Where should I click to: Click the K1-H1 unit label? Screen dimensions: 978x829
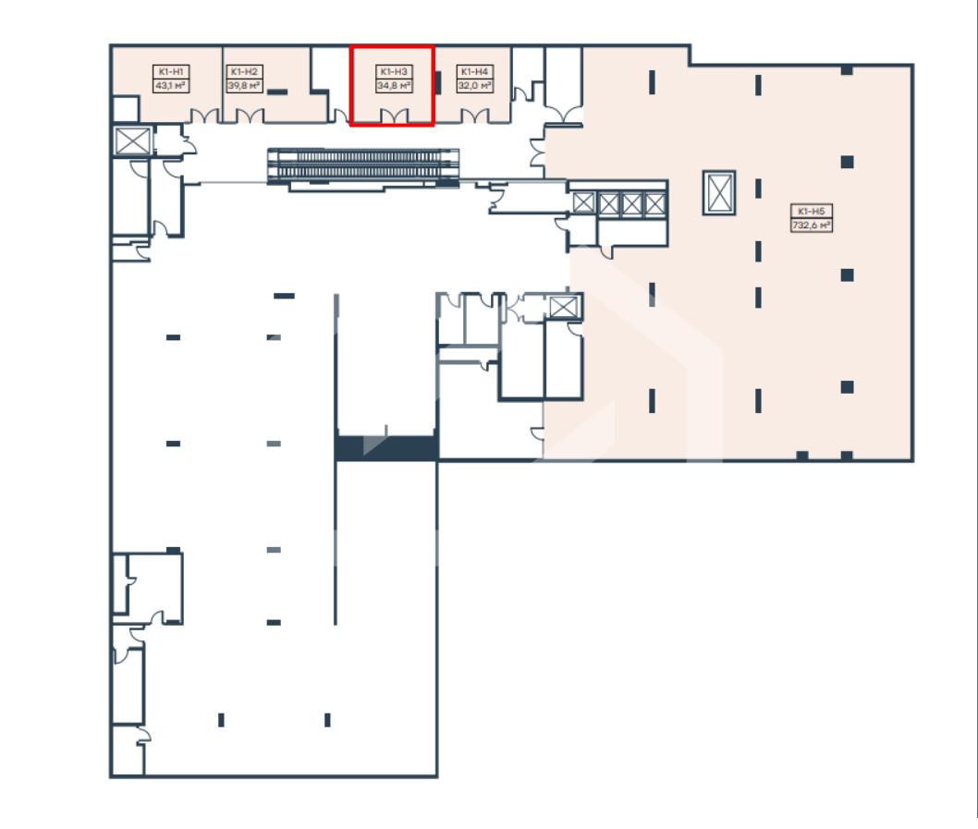171,72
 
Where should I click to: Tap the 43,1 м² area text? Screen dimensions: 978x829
171,85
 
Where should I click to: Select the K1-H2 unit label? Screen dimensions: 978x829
244,72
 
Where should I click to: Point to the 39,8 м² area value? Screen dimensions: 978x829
244,85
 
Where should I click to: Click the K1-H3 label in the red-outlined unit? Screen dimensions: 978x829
394,72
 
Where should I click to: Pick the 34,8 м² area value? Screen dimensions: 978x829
394,85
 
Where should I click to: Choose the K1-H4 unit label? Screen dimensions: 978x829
474,72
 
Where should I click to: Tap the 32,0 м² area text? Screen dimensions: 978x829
474,85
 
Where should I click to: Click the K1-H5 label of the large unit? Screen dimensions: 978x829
811,212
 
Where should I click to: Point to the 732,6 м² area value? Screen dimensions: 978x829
811,226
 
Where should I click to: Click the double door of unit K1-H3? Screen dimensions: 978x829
394,116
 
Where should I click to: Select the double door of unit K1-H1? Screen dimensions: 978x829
204,116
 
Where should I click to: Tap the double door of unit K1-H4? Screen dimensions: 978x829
474,116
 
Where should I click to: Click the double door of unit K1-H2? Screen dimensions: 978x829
250,116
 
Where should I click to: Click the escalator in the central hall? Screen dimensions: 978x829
363,166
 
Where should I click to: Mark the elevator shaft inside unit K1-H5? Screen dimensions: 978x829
719,193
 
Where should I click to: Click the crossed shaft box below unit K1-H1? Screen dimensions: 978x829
132,140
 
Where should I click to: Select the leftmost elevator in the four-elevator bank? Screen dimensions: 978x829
584,203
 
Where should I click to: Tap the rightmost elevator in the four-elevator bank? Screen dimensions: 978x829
654,203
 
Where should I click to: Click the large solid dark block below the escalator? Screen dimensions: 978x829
386,448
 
